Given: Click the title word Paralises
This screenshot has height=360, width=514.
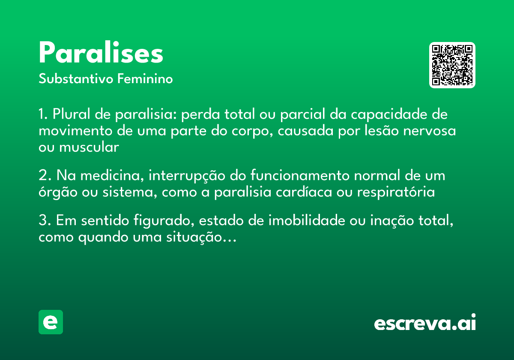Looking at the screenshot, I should (x=101, y=54).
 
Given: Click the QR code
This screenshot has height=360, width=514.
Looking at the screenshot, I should (x=452, y=65).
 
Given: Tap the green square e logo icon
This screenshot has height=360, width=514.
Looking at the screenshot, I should (x=51, y=322).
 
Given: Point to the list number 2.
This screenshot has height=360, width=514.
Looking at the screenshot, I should (x=43, y=176).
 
